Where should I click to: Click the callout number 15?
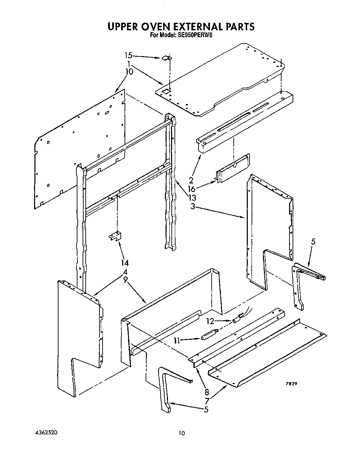tap(128, 55)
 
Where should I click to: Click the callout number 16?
tap(192, 189)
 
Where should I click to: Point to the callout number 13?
tap(192, 198)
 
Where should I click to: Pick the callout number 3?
tap(193, 207)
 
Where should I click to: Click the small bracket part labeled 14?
tap(115, 236)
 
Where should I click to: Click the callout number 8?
tap(207, 392)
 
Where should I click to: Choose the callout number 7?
tap(207, 400)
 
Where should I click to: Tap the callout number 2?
tap(191, 180)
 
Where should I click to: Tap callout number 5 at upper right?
tap(313, 242)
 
